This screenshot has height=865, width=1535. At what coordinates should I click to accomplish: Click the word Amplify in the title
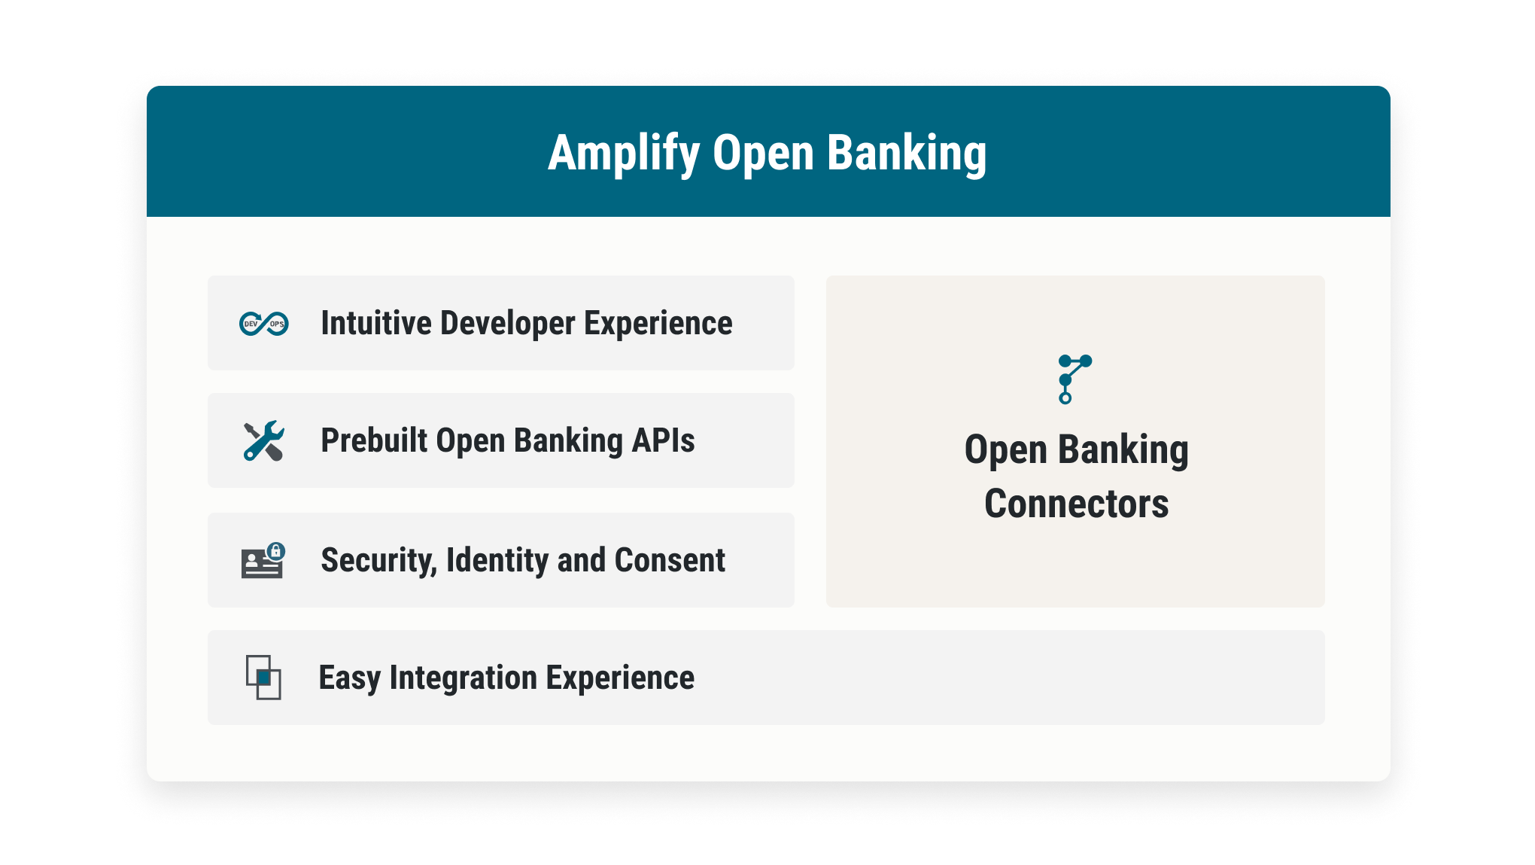click(624, 154)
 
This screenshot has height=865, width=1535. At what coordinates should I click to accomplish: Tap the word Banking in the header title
click(907, 154)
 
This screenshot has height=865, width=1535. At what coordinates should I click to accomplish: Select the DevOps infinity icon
click(263, 324)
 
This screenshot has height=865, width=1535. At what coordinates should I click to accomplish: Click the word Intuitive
click(376, 323)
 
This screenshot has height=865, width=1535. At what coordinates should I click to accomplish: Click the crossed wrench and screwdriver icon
click(263, 440)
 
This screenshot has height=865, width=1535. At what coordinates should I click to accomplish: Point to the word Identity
click(497, 561)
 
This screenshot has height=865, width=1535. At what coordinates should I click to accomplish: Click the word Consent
click(670, 560)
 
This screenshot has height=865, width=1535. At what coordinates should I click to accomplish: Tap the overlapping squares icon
click(263, 678)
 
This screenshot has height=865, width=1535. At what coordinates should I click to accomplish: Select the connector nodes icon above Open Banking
click(1074, 379)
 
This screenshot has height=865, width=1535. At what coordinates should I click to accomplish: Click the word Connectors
click(1077, 504)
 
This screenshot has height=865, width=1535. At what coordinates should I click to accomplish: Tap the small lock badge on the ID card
click(276, 551)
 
